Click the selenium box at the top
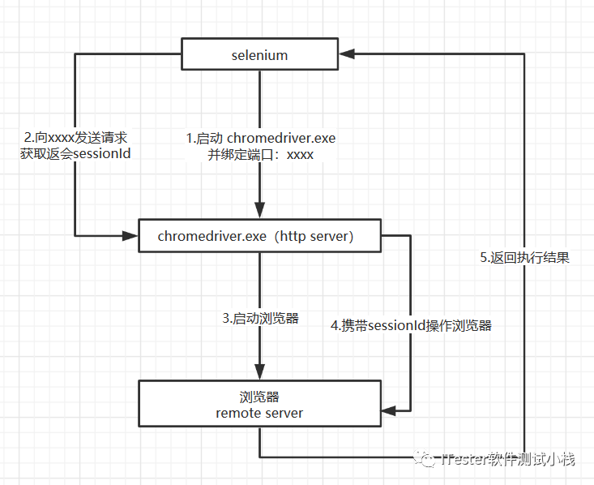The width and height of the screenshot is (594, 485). click(x=259, y=56)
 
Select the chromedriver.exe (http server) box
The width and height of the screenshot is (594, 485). click(x=259, y=237)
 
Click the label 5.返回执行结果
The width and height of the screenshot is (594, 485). click(x=524, y=258)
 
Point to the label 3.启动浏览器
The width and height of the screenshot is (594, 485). click(x=261, y=319)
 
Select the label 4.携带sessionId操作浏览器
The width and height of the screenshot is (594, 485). click(x=412, y=326)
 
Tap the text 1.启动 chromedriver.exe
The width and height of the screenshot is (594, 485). click(x=260, y=139)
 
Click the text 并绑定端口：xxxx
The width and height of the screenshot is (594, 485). click(x=260, y=155)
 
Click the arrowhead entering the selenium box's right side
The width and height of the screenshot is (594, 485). click(x=347, y=54)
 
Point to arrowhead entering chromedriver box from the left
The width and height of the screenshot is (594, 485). click(x=130, y=236)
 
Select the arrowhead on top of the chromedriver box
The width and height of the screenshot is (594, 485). click(x=259, y=212)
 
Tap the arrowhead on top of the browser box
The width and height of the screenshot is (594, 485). click(x=259, y=373)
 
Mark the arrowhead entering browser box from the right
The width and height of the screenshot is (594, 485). click(x=388, y=410)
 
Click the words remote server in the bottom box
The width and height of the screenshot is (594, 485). click(x=259, y=413)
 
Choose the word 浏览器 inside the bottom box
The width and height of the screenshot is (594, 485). click(x=259, y=397)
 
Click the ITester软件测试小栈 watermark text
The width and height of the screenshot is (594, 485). click(x=509, y=460)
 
